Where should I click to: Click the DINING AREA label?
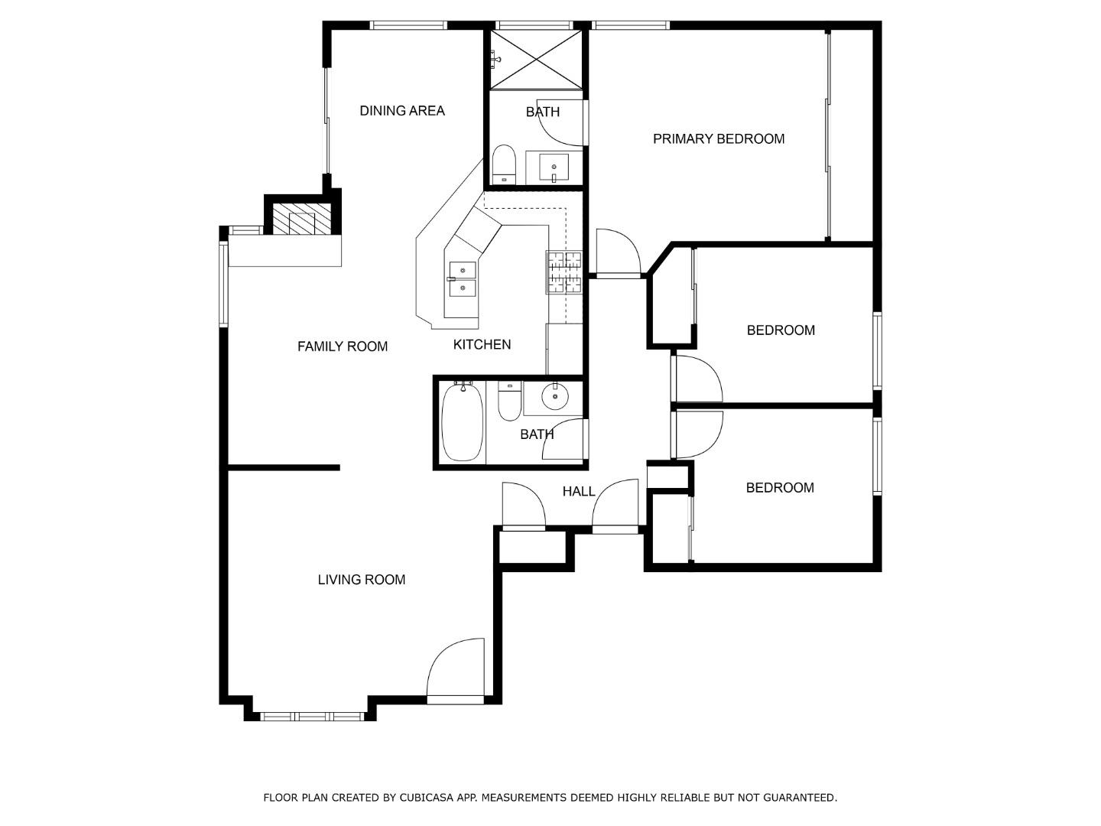point(401,111)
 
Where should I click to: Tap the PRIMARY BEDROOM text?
point(718,139)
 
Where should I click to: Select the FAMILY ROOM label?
point(342,346)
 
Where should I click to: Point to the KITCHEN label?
point(482,344)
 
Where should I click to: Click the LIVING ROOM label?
point(361,580)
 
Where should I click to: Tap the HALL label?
point(578,492)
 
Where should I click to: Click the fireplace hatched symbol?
point(301,219)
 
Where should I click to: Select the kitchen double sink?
point(462,279)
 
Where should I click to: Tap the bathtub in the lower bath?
point(462,421)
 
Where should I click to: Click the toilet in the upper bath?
point(504,164)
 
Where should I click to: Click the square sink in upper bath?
point(554,167)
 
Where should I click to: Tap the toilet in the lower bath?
point(510,402)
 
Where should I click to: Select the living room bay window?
point(311,717)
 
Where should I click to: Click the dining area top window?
point(408,25)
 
